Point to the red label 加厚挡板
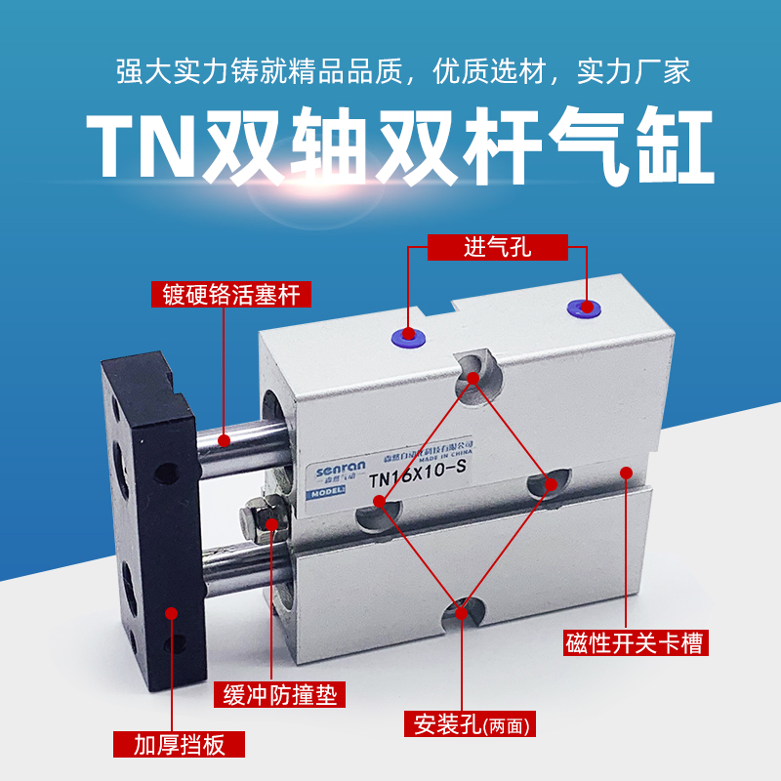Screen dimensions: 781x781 [x=180, y=746]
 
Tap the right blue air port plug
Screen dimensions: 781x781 [x=584, y=308]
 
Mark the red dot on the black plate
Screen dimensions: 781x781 [x=172, y=613]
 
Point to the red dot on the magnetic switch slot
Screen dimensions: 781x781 [x=625, y=473]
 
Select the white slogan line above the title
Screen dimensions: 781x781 [x=390, y=72]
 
